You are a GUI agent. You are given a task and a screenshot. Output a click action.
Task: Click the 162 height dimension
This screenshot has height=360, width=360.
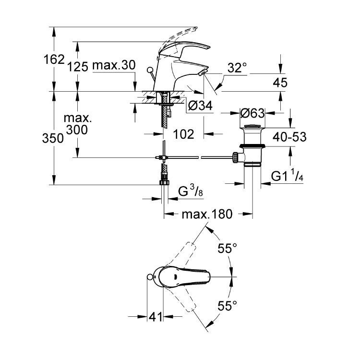(x=54, y=60)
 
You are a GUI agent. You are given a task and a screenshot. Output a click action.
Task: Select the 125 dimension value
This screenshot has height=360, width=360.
(x=78, y=67)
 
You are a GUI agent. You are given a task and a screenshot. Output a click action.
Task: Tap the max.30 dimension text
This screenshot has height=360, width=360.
(x=114, y=65)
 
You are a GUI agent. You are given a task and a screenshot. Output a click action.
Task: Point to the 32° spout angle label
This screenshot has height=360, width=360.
(x=238, y=68)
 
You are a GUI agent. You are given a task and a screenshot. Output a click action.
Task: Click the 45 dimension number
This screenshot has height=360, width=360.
(x=280, y=83)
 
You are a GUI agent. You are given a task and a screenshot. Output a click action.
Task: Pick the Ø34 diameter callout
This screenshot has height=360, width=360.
(x=200, y=106)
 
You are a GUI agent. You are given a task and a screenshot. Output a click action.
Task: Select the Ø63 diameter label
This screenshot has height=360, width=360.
(x=252, y=113)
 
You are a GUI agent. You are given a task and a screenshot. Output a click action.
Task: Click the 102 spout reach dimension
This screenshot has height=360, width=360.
(x=183, y=134)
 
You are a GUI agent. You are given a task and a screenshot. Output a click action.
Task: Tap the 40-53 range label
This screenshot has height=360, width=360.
(x=289, y=137)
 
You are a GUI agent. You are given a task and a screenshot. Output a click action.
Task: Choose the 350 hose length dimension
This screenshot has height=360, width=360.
(x=53, y=138)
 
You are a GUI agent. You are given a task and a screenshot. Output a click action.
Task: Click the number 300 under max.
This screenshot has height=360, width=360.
(x=77, y=130)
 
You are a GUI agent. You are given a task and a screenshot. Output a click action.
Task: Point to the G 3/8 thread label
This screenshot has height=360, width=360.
(x=191, y=191)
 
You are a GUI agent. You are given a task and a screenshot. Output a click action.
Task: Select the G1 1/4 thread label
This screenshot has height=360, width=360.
(x=287, y=176)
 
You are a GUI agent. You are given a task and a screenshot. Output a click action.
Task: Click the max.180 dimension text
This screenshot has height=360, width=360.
(x=207, y=214)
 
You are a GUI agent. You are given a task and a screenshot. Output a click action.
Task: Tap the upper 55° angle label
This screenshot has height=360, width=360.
(x=227, y=248)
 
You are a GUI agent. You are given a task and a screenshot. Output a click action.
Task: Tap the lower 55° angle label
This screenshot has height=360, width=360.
(x=227, y=306)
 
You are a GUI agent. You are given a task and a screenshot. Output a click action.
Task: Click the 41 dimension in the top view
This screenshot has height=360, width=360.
(x=156, y=317)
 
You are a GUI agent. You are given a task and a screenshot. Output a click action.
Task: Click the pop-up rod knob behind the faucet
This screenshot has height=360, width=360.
(x=150, y=70)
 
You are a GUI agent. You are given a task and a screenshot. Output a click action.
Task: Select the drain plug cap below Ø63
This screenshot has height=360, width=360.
(x=252, y=126)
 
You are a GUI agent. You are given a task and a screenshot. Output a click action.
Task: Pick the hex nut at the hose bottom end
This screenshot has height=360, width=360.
(x=164, y=182)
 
